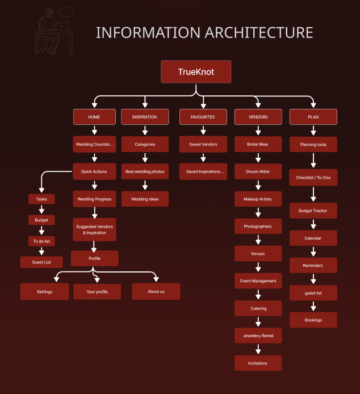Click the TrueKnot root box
[196, 72]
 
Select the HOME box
[94, 117]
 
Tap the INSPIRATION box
[144, 117]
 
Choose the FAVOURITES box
[203, 117]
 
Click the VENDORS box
[258, 117]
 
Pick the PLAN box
[313, 117]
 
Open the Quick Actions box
[94, 171]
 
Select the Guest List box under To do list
[41, 262]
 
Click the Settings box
[44, 292]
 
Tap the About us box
[156, 292]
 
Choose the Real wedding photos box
[144, 171]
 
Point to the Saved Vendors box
[203, 144]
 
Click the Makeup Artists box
[258, 199]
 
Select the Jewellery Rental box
[258, 336]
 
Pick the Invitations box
[258, 363]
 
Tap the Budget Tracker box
[313, 211]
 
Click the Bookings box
[313, 320]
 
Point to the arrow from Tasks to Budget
[41, 209]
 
